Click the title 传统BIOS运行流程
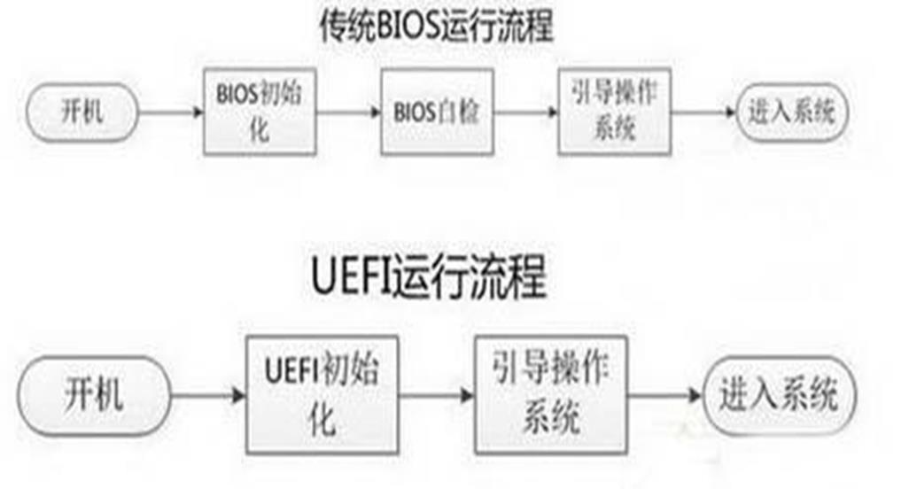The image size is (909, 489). click(x=436, y=26)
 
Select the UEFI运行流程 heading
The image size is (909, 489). click(x=429, y=279)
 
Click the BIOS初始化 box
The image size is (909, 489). click(x=260, y=113)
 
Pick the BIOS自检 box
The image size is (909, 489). click(x=436, y=113)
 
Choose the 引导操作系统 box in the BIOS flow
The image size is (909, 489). click(x=614, y=113)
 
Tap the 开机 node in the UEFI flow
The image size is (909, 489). click(x=94, y=393)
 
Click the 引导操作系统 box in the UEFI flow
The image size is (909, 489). click(x=550, y=393)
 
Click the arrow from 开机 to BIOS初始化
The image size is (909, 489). click(x=171, y=113)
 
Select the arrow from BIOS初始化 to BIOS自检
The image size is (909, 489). click(x=348, y=113)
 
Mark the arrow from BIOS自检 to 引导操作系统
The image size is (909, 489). click(x=524, y=113)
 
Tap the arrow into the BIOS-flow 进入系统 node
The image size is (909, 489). click(x=703, y=113)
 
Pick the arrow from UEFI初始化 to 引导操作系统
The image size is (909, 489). click(x=434, y=394)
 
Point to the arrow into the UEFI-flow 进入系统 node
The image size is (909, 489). click(x=664, y=394)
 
